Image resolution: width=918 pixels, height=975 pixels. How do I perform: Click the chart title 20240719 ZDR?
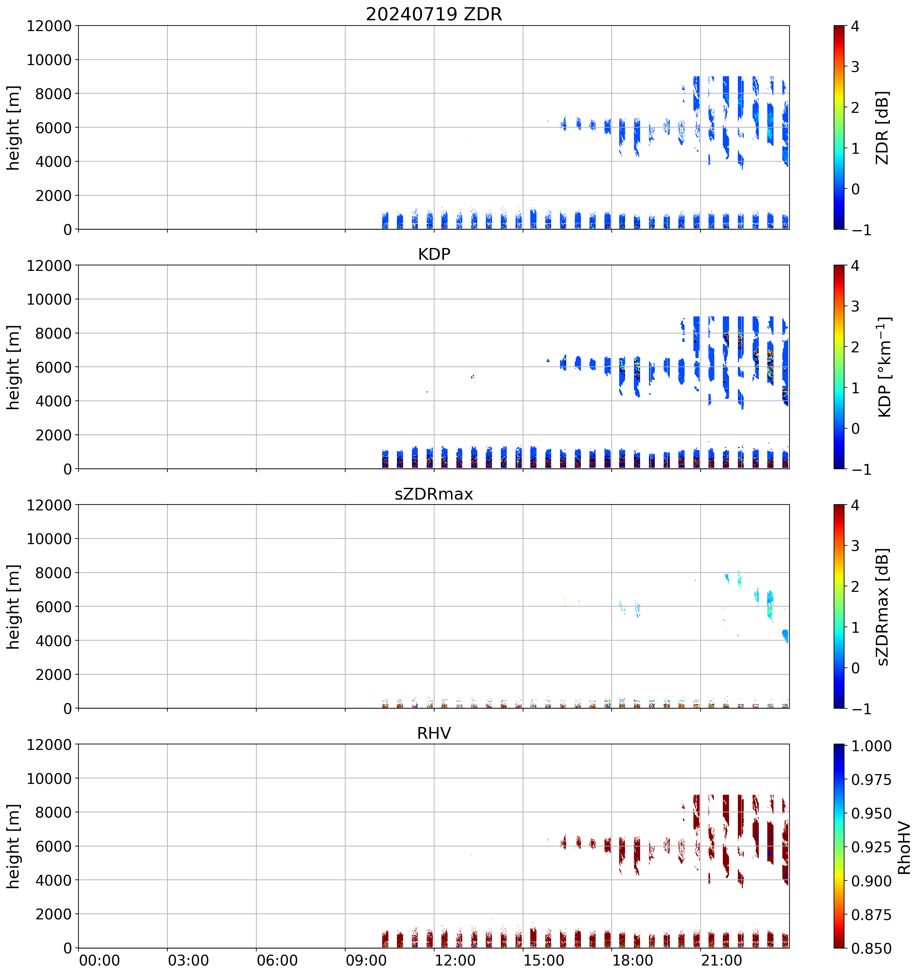434,14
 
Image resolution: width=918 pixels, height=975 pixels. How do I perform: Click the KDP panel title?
434,254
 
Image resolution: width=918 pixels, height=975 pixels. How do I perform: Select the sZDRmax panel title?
434,494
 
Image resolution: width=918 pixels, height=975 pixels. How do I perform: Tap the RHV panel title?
434,733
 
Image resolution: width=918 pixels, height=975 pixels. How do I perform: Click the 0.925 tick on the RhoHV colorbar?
871,847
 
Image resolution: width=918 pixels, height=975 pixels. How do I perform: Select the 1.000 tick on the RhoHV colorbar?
871,746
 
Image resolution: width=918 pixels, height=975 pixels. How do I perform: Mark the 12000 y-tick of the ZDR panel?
49,26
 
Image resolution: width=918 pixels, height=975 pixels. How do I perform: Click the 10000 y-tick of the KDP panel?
49,299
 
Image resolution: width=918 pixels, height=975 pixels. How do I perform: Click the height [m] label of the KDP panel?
14,367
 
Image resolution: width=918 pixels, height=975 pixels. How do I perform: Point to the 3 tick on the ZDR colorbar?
855,67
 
